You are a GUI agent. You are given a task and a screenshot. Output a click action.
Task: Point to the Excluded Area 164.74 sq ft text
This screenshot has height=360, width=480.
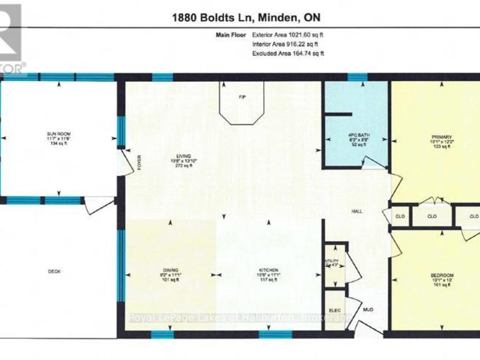(288, 53)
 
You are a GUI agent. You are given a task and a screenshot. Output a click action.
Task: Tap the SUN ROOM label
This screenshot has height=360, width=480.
(59, 134)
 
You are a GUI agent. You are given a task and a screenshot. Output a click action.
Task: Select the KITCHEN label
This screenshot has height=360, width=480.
(269, 270)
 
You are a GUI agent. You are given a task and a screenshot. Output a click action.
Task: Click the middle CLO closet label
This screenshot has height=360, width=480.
(432, 216)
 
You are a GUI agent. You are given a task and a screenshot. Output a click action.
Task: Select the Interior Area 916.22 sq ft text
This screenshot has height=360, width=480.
(285, 44)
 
